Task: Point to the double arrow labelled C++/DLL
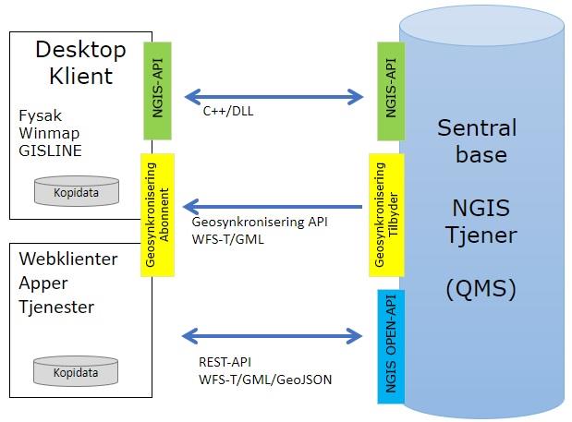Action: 274,94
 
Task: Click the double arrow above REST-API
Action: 274,333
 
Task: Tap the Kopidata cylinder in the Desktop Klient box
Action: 76,191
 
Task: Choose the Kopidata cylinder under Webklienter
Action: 76,370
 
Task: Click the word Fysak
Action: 41,117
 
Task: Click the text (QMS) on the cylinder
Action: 480,290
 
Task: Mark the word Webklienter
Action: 68,259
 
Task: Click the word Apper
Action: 43,283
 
